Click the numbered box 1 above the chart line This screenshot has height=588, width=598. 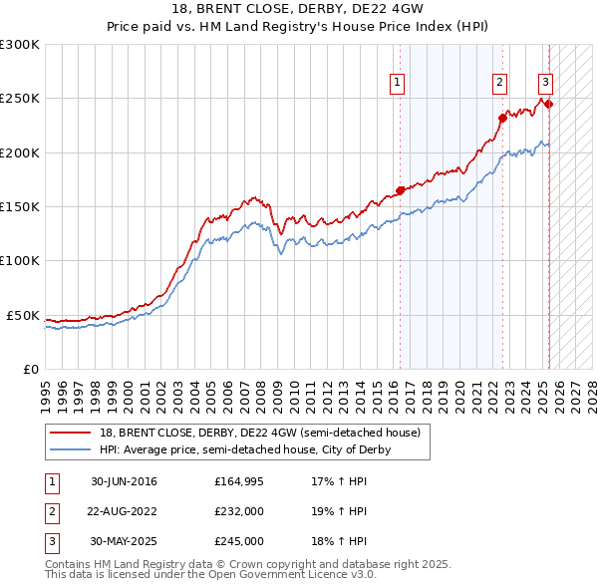coord(398,83)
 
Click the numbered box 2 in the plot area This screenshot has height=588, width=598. coord(499,83)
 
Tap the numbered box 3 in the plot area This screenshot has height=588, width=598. coord(546,83)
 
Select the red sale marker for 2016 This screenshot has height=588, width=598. coord(400,190)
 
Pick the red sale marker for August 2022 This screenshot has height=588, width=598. coord(502,118)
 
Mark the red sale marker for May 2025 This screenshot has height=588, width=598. coord(548,104)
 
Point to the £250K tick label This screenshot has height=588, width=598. coord(19,99)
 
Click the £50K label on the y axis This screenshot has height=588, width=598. coord(23,315)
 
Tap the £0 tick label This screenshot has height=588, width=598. coord(30,369)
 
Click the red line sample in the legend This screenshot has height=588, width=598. coord(71,433)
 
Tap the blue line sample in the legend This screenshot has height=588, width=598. coord(71,449)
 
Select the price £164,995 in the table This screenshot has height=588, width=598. coord(239,482)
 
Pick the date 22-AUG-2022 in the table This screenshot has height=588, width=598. coord(124,511)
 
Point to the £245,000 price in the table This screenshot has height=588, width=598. coord(239,541)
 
